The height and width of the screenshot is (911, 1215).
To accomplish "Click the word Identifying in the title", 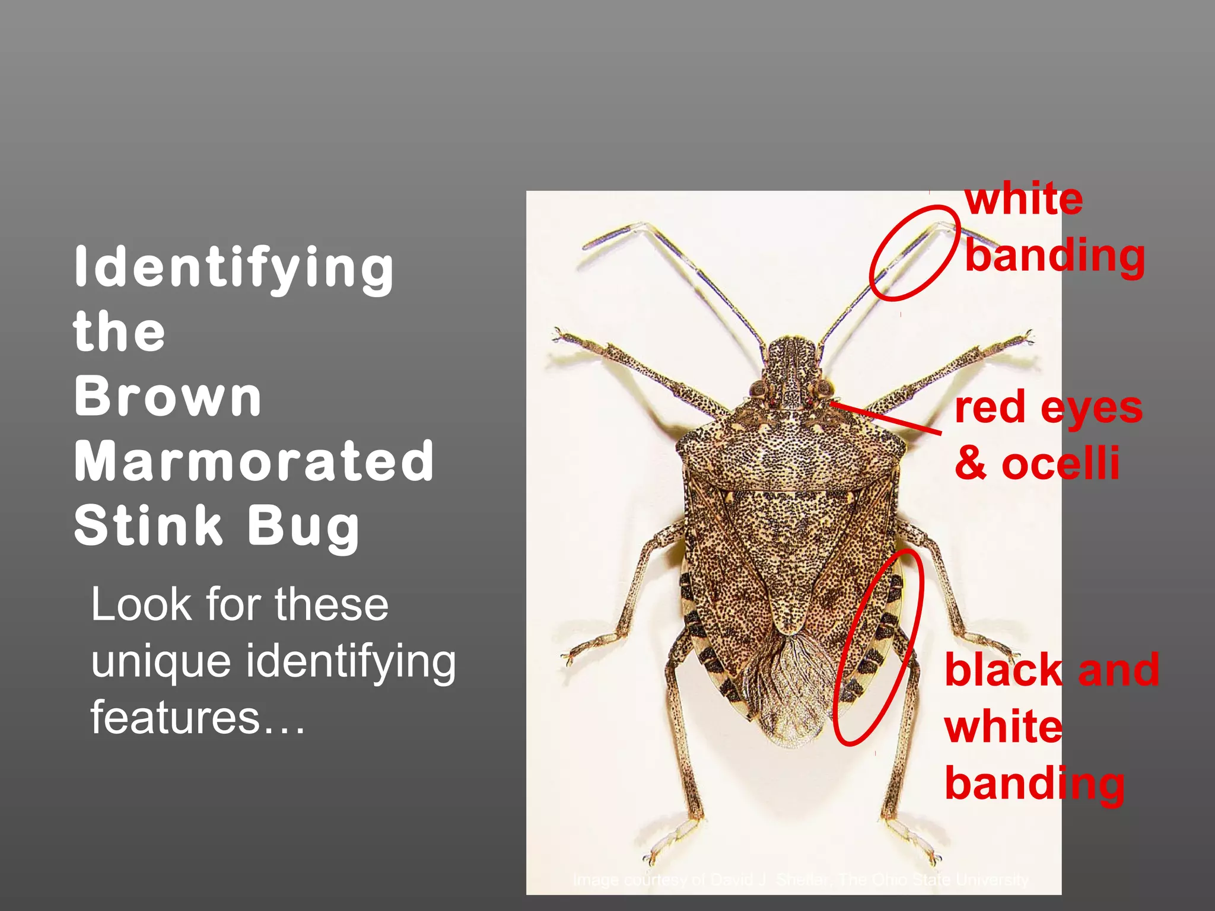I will pyautogui.click(x=234, y=268).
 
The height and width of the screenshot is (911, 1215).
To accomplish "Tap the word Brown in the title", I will pyautogui.click(x=168, y=397).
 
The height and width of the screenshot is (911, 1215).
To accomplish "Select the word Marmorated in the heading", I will pyautogui.click(x=254, y=461).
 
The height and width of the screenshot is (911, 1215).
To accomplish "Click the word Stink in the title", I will pyautogui.click(x=148, y=525).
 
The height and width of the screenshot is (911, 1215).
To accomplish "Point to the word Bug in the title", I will pyautogui.click(x=303, y=527).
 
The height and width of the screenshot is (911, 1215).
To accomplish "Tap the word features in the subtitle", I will pyautogui.click(x=175, y=717).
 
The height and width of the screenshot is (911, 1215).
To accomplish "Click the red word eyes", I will pyautogui.click(x=1092, y=408).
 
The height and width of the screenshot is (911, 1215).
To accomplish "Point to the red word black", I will pyautogui.click(x=1003, y=670).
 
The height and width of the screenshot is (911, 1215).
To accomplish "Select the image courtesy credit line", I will pyautogui.click(x=800, y=879).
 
